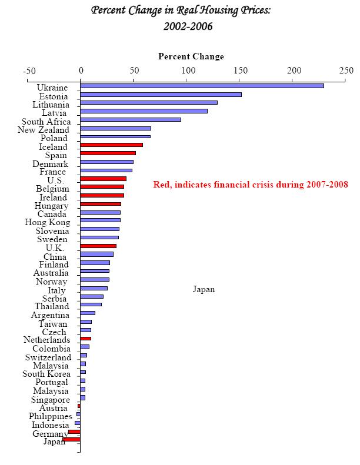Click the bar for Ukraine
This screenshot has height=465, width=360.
click(x=202, y=86)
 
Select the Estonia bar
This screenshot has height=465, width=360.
click(x=161, y=94)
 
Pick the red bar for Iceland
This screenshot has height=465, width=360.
click(x=111, y=145)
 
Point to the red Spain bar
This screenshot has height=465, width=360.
click(x=108, y=153)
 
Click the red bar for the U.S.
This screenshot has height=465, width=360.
click(x=103, y=178)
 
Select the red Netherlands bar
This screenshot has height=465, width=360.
click(x=85, y=339)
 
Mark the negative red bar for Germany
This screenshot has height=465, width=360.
click(x=74, y=431)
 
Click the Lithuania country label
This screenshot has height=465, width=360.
click(x=51, y=105)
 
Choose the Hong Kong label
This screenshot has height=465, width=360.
click(x=48, y=222)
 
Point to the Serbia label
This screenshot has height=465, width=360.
click(x=55, y=299)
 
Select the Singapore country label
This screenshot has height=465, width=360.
click(x=50, y=400)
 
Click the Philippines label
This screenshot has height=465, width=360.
click(x=51, y=417)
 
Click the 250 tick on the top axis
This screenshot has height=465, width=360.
click(x=346, y=71)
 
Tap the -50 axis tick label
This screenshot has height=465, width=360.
click(x=29, y=71)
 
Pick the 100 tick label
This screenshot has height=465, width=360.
click(x=188, y=71)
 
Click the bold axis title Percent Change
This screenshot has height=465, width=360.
click(x=191, y=56)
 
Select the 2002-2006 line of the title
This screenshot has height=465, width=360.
click(x=188, y=26)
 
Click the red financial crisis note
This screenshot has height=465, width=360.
click(x=251, y=185)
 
